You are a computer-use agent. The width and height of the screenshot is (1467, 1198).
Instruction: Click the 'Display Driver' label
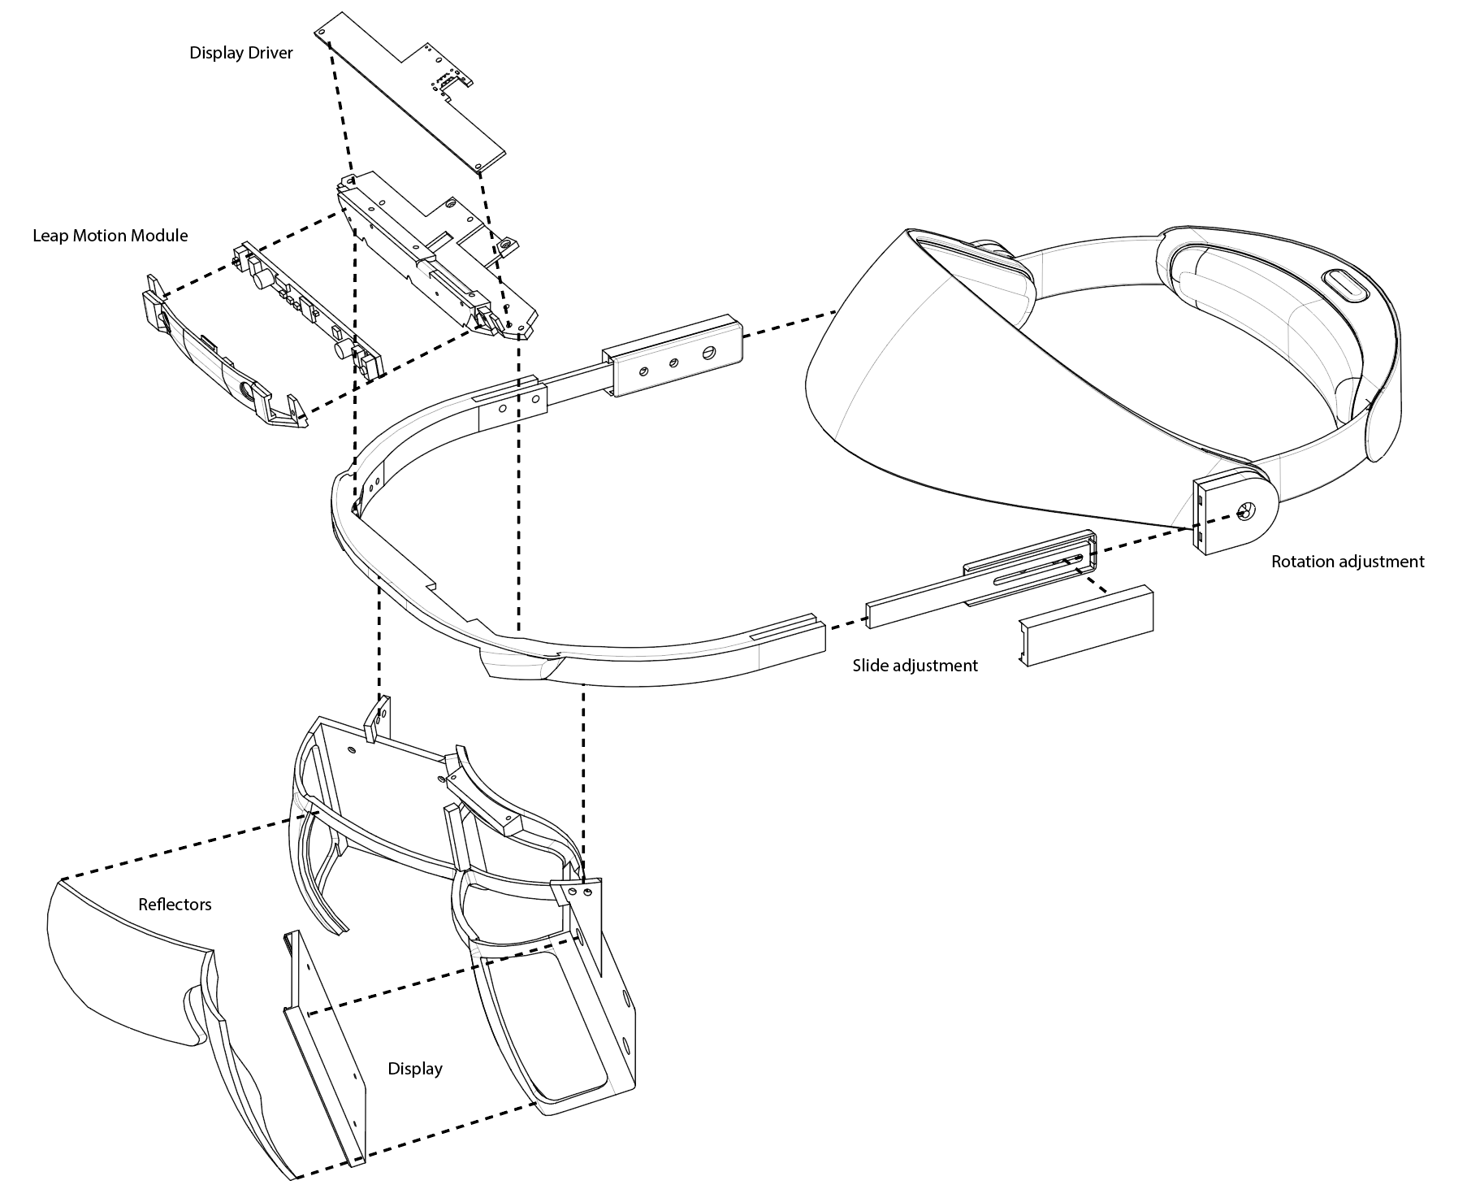[240, 54]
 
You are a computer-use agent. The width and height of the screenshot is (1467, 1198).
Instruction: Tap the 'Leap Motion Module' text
[110, 236]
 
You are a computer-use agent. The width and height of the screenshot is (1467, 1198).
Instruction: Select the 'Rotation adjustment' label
[1348, 562]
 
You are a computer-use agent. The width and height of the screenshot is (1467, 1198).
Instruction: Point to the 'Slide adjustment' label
[915, 666]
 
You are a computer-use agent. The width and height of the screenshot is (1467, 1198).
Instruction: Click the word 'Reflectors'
[175, 905]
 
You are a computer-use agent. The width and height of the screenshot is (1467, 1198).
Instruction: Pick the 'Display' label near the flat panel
[414, 1069]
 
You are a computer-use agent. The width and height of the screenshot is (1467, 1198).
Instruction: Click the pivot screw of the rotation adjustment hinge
[1242, 512]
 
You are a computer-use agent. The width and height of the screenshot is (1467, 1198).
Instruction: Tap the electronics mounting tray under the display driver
[435, 252]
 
